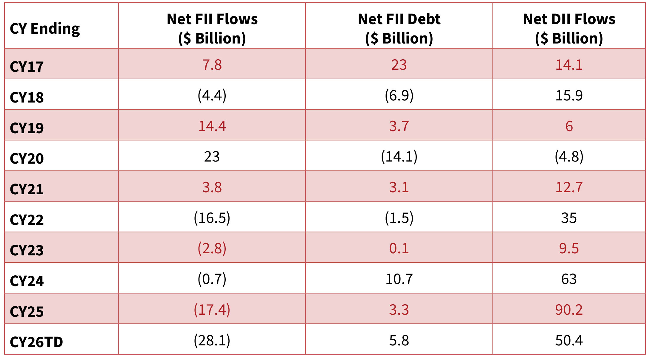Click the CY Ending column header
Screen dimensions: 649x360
tap(45, 29)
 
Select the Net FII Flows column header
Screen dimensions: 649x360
tap(212, 29)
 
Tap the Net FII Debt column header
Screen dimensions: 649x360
tap(399, 29)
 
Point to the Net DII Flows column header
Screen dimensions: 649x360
tap(569, 29)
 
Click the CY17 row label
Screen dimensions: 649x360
tap(27, 66)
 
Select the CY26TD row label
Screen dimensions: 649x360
tap(36, 342)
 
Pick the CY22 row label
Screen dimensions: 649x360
tap(27, 220)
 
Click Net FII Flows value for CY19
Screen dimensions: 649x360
tap(212, 126)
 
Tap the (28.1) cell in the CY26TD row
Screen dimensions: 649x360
tap(212, 340)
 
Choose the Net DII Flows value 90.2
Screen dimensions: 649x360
tap(569, 310)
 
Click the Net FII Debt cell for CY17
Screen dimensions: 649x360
tap(399, 65)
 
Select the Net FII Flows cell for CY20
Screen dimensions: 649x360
tap(212, 156)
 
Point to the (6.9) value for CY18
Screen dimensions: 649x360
tap(399, 95)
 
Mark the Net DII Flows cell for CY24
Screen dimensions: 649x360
tap(569, 279)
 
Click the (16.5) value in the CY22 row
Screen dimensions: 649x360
tap(212, 218)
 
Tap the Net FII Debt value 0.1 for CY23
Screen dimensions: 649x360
tap(399, 249)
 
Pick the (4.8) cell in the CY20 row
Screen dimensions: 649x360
tap(569, 156)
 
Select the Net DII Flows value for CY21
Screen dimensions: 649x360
tap(569, 187)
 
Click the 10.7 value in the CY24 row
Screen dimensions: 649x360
tap(399, 279)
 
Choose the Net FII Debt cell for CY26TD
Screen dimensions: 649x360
tap(399, 340)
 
